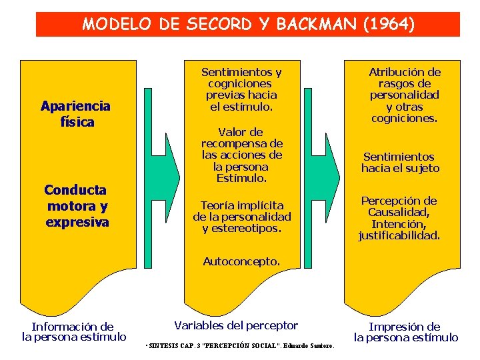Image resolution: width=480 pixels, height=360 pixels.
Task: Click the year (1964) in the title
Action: (x=389, y=25)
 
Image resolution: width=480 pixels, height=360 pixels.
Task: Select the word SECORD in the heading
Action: (x=217, y=25)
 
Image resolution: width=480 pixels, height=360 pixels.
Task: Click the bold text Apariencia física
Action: (x=75, y=114)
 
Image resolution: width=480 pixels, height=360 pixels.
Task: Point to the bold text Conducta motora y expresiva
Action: (x=77, y=206)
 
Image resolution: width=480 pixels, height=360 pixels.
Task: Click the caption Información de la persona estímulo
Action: (x=74, y=331)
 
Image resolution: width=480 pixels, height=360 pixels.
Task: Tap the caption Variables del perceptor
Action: (x=236, y=325)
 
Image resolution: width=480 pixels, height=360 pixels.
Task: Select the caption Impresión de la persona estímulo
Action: (x=405, y=332)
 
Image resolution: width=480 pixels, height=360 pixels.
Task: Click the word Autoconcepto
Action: (x=241, y=261)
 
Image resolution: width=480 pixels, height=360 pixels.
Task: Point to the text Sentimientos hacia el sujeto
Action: (x=401, y=163)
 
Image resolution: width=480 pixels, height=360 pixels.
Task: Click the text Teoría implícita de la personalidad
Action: (x=242, y=211)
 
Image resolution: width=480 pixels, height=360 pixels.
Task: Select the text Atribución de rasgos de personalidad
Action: (x=405, y=83)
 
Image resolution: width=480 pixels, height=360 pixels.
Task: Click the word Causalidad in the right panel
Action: (x=399, y=213)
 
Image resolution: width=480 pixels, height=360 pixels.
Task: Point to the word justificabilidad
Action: (x=399, y=235)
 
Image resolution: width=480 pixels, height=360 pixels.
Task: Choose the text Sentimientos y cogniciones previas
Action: (x=241, y=83)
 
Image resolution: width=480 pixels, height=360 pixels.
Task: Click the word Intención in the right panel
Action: (x=398, y=224)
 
